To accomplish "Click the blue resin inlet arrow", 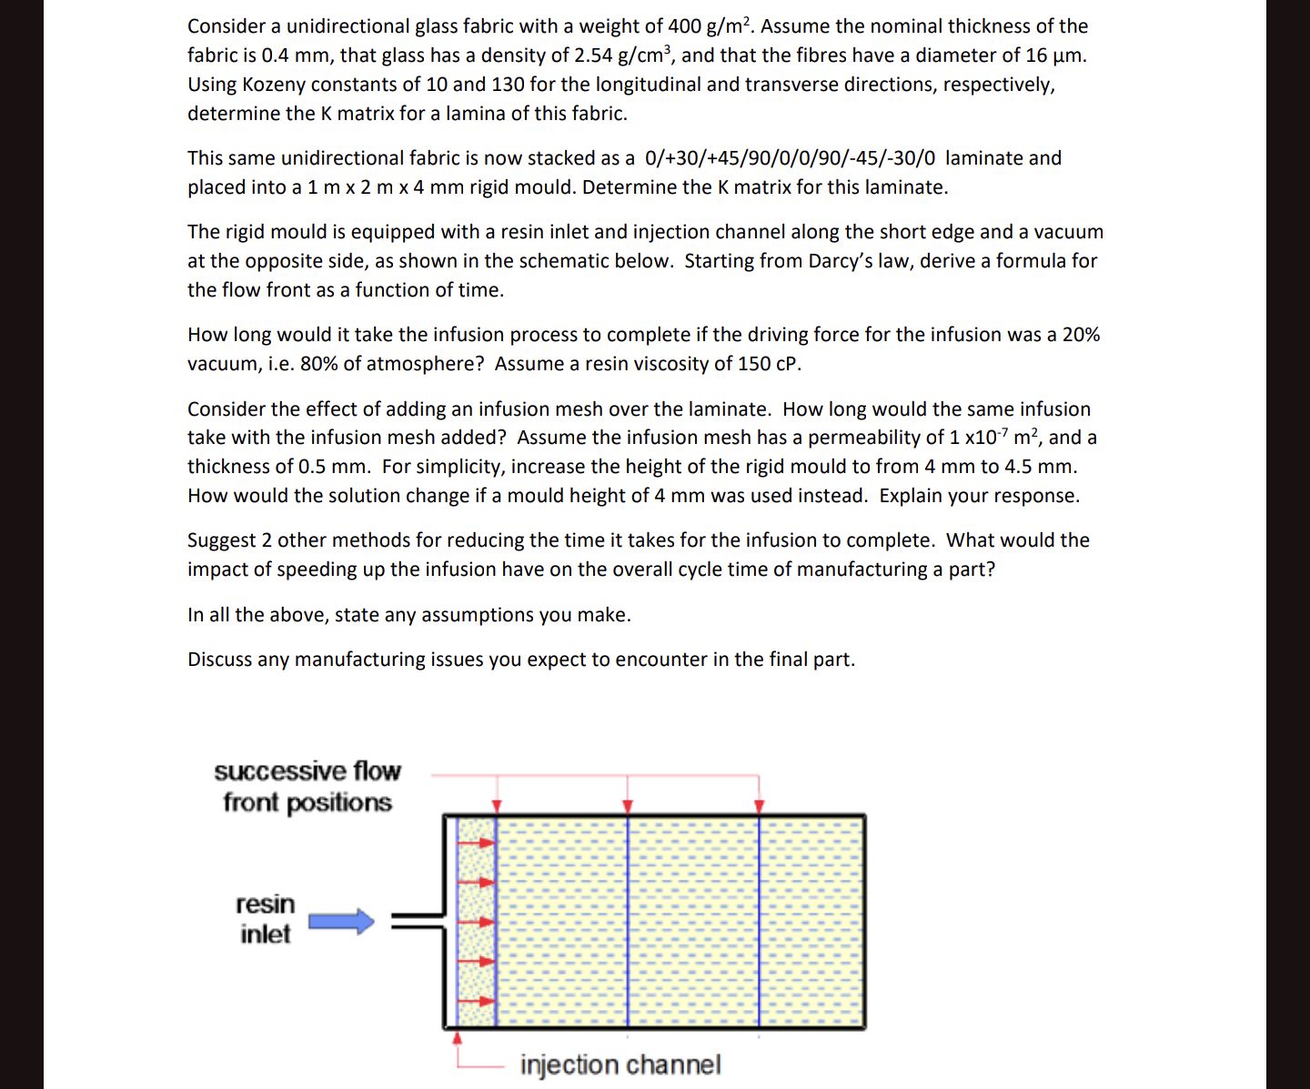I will [341, 922].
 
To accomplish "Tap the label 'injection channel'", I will [620, 1064].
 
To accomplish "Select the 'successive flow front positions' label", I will [307, 787].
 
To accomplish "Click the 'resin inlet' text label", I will [265, 919].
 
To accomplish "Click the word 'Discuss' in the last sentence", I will [220, 660].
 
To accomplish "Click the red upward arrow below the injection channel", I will [458, 1038].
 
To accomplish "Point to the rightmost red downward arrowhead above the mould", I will [760, 806].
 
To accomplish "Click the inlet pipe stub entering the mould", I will [418, 920].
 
